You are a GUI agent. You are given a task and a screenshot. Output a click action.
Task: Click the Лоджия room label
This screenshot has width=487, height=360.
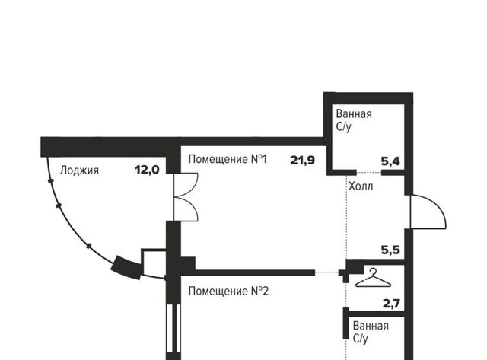[79, 170]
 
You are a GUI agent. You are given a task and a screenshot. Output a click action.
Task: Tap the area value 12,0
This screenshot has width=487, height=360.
[147, 170]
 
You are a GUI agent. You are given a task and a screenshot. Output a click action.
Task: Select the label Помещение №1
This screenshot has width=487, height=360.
[228, 159]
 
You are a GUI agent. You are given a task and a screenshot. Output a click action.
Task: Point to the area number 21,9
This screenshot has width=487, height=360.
[303, 161]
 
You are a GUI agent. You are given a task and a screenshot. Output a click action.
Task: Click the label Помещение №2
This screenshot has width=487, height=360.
[228, 292]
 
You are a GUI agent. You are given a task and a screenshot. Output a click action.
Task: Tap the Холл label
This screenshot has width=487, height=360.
[361, 186]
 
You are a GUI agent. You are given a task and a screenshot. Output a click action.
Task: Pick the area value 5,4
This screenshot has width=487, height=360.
[390, 161]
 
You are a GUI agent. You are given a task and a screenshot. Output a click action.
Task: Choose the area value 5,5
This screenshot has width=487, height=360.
[390, 250]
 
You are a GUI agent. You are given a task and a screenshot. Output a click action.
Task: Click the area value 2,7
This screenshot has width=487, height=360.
[391, 303]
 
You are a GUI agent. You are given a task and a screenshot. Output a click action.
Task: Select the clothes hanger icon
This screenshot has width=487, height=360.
[373, 278]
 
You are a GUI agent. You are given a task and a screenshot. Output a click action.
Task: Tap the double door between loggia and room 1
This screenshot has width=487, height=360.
[186, 197]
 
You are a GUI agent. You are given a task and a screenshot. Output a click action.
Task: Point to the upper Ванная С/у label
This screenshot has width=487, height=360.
[354, 120]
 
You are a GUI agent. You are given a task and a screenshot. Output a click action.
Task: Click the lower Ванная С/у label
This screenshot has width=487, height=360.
[371, 332]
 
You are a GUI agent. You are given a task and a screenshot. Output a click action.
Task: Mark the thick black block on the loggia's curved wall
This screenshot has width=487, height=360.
[126, 267]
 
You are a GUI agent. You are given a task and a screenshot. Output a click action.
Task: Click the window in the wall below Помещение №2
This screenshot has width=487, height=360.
[173, 329]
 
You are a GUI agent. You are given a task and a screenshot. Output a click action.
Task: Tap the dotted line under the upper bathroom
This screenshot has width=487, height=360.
[369, 173]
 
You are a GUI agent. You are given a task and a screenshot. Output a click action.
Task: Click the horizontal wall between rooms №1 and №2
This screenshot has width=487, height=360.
[247, 272]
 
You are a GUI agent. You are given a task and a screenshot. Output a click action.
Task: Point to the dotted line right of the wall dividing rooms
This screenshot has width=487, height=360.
[326, 272]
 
